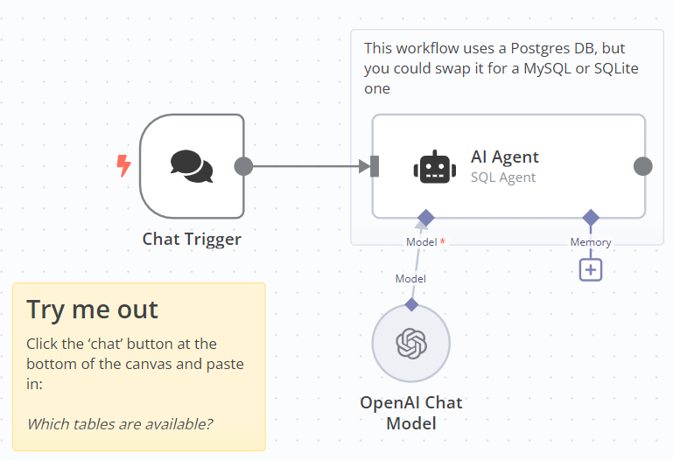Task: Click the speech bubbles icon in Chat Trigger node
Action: point(192,166)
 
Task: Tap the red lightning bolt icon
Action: point(124,165)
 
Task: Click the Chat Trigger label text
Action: point(192,239)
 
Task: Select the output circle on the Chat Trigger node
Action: point(243,166)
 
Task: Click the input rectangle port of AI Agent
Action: point(375,166)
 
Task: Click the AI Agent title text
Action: point(505,157)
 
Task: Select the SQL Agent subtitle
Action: point(503,177)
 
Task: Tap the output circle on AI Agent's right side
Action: point(642,166)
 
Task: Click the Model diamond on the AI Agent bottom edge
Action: point(425,217)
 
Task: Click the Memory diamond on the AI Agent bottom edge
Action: point(591,217)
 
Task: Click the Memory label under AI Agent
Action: point(591,242)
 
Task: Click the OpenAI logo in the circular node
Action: point(411,344)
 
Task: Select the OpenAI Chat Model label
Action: point(411,413)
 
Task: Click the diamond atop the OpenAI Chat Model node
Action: point(411,304)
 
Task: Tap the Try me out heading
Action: point(92,310)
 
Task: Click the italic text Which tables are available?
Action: point(120,424)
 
